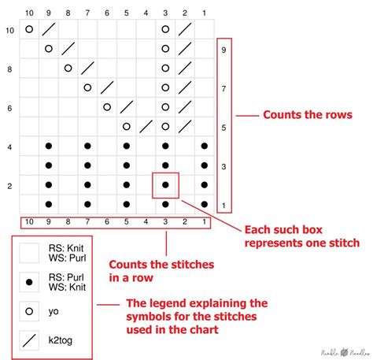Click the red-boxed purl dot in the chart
coord(165,184)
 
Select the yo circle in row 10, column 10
coord(29,29)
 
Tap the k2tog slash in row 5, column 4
coord(146,126)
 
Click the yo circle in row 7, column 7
coord(87,87)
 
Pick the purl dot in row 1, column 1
coord(204,204)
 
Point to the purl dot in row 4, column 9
coord(49,146)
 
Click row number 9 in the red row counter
coord(223,50)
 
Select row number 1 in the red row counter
coord(223,205)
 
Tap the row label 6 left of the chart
coord(9,107)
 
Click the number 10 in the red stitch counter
coord(29,222)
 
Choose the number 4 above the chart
coord(146,13)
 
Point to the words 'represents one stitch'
coord(296,243)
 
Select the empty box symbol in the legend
coord(30,253)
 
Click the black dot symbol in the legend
coord(30,282)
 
